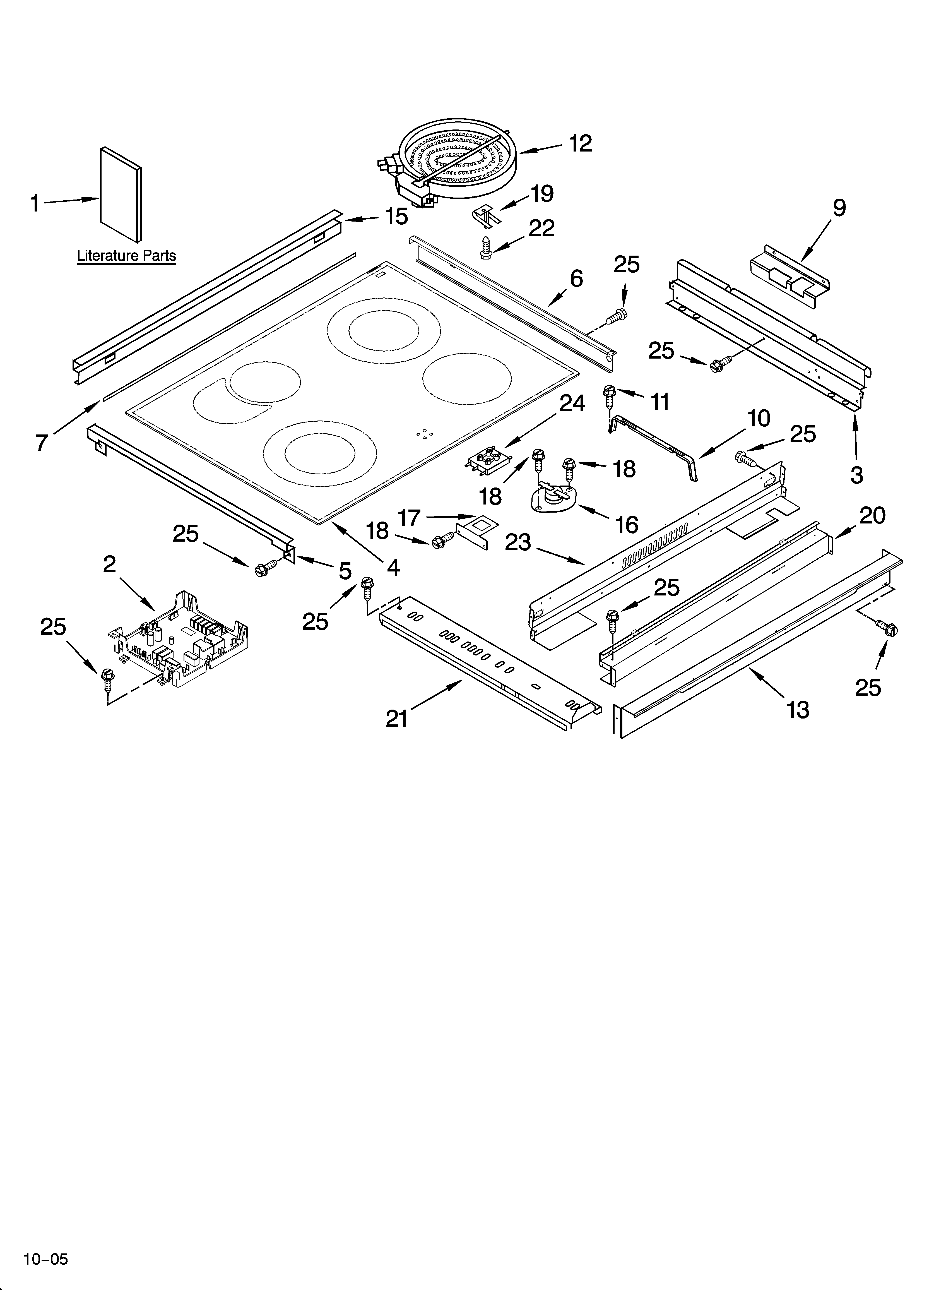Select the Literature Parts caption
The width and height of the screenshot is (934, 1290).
point(126,256)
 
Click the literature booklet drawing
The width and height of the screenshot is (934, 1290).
point(121,194)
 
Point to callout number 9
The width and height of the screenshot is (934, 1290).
point(840,208)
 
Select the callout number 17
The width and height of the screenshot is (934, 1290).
point(408,518)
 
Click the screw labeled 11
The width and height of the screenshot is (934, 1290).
point(609,395)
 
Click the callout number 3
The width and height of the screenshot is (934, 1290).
point(857,475)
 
